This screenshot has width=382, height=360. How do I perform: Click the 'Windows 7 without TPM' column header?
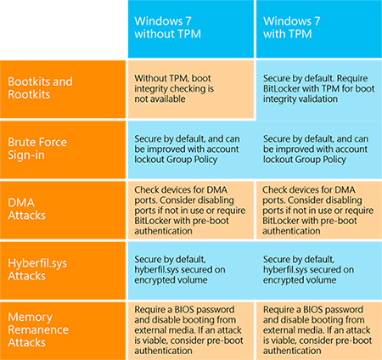[191, 29]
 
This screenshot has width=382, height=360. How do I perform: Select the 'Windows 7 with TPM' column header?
[319, 29]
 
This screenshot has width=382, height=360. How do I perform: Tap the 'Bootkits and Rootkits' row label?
[63, 89]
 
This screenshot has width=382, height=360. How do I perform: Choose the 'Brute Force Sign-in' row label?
[63, 149]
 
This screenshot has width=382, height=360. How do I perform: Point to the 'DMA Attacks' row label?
[63, 211]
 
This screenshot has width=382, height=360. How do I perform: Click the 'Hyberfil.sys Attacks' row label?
[63, 271]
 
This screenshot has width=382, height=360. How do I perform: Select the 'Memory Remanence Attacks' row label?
[63, 331]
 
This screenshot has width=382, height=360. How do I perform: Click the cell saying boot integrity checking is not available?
[191, 89]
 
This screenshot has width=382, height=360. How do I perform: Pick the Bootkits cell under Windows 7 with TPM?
[319, 89]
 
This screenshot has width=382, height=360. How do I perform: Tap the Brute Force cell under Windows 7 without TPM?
[191, 149]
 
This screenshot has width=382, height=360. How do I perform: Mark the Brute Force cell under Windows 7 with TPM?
[318, 149]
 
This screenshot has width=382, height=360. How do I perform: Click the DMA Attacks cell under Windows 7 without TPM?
[191, 211]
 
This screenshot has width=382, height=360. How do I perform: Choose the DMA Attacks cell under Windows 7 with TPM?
[319, 211]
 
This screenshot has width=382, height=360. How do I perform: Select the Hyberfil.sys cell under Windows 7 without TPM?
[191, 271]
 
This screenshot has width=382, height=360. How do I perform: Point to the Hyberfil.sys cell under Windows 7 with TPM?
[318, 271]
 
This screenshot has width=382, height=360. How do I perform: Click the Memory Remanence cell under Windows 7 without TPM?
[191, 331]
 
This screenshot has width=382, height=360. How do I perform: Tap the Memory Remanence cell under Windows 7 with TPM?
[319, 331]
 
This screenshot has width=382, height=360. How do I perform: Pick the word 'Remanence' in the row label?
[38, 329]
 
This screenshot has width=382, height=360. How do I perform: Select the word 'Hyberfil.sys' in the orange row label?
[37, 263]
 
